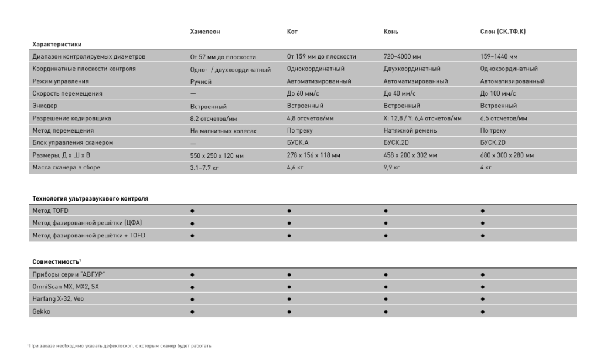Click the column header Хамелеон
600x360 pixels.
[x=205, y=31]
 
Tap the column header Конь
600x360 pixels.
[x=391, y=31]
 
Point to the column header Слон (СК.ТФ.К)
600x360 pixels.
[x=503, y=31]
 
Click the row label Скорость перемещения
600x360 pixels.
[x=67, y=93]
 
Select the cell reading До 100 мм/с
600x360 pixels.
[x=498, y=93]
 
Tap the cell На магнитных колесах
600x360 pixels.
[x=223, y=131]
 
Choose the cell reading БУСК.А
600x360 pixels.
[x=298, y=143]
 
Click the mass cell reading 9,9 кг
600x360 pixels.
[x=391, y=168]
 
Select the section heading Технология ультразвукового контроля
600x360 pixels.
[x=90, y=199]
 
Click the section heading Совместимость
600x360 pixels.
[x=56, y=260]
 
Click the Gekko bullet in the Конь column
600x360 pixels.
[x=386, y=311]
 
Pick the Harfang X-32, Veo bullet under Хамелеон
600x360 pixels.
[x=192, y=299]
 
